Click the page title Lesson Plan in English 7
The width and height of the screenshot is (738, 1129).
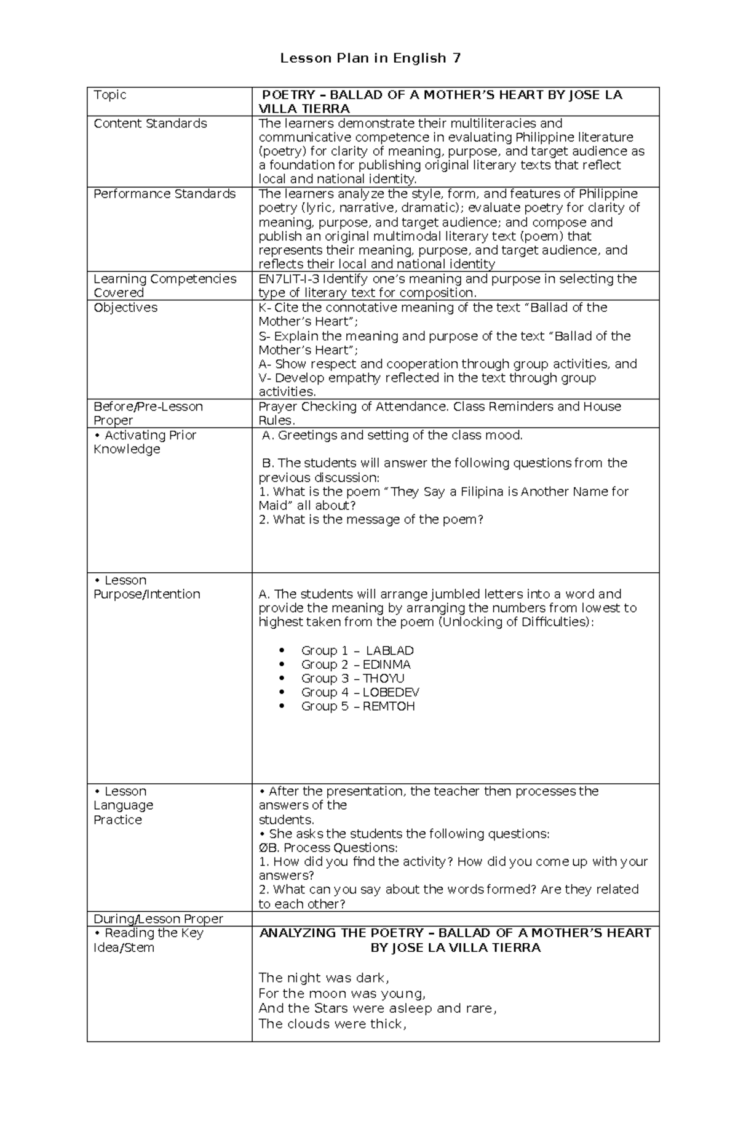(370, 58)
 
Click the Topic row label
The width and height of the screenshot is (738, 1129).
(110, 95)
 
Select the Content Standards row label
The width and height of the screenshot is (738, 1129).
(150, 124)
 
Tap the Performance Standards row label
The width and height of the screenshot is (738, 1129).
(164, 194)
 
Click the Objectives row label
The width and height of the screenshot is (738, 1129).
(125, 308)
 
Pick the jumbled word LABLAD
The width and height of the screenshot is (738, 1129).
(389, 650)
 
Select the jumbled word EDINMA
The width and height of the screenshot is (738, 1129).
(386, 664)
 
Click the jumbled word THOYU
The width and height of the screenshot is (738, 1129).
(383, 678)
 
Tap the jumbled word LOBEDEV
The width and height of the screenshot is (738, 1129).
(391, 692)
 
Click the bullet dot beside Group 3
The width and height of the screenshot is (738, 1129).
(282, 679)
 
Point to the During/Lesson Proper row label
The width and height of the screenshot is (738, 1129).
(158, 919)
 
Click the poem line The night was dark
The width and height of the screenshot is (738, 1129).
(323, 978)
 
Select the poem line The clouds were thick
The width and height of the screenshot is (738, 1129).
(332, 1024)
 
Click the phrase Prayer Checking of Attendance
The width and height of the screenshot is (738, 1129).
(346, 407)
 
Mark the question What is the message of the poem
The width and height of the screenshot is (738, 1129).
(371, 520)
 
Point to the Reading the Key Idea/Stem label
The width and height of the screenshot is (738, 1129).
(148, 940)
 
